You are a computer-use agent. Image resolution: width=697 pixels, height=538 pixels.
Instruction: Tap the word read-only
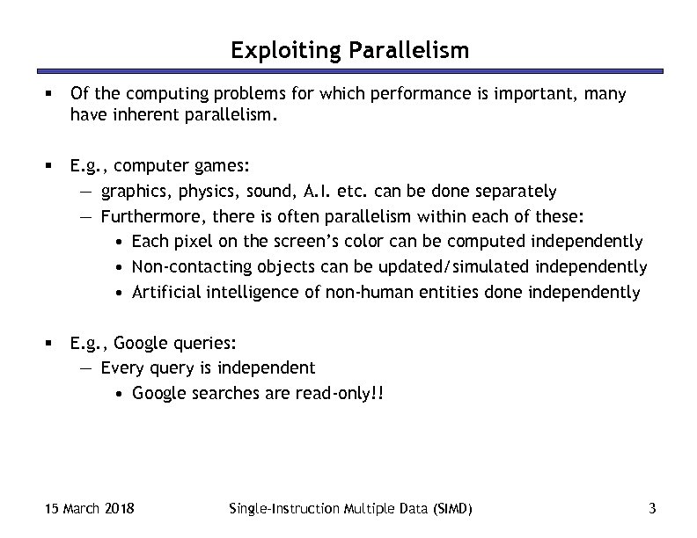[x=336, y=394]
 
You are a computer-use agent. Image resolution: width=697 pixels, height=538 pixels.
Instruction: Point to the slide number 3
[x=651, y=508]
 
